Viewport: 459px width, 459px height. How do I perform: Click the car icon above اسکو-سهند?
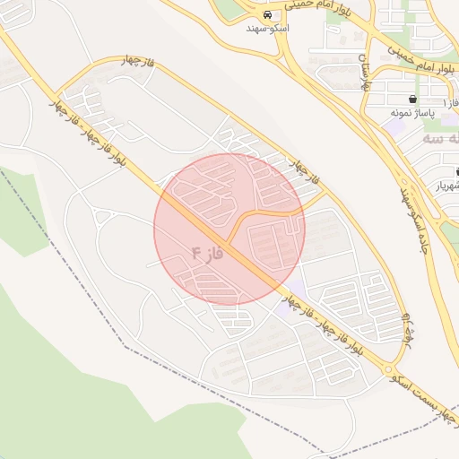(267, 16)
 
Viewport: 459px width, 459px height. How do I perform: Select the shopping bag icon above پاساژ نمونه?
(411, 100)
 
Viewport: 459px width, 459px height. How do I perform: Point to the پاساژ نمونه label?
(412, 113)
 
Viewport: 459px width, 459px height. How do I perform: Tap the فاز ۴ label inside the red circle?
(206, 254)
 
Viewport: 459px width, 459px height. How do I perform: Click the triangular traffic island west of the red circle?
(102, 216)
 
